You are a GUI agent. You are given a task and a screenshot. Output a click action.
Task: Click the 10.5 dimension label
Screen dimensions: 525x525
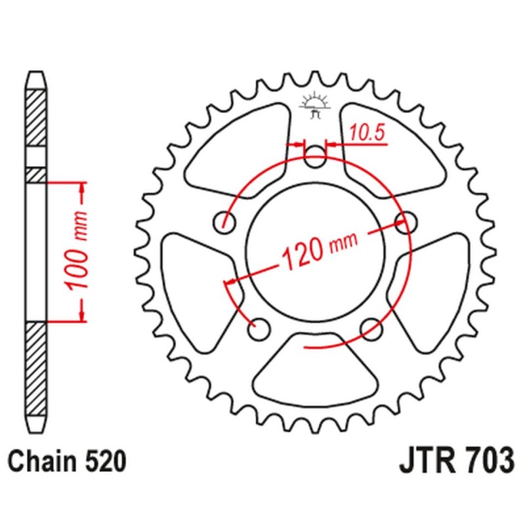(367, 133)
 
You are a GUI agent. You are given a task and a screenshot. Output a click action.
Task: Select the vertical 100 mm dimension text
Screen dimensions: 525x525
(77, 251)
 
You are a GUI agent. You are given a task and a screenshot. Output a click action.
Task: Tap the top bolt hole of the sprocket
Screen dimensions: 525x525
(315, 157)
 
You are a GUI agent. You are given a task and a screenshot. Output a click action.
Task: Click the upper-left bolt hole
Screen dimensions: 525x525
(224, 222)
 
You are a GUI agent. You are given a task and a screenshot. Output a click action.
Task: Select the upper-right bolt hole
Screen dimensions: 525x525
(406, 222)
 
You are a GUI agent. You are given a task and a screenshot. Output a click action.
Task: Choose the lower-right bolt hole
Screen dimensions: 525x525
(371, 329)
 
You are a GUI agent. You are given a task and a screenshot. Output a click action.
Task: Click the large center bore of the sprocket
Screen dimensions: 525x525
(315, 252)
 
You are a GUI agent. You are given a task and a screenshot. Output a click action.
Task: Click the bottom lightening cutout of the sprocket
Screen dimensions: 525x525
(315, 368)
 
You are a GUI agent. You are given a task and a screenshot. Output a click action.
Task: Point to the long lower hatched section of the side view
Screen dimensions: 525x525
(36, 369)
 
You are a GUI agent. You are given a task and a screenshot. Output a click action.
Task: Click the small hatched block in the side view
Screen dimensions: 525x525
(36, 175)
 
